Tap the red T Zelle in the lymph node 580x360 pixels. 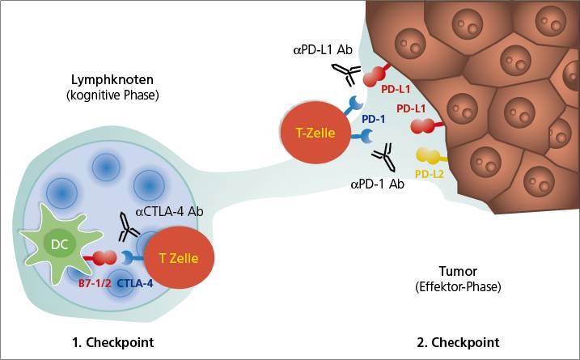(184, 259)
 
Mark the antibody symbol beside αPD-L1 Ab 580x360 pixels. (345, 74)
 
